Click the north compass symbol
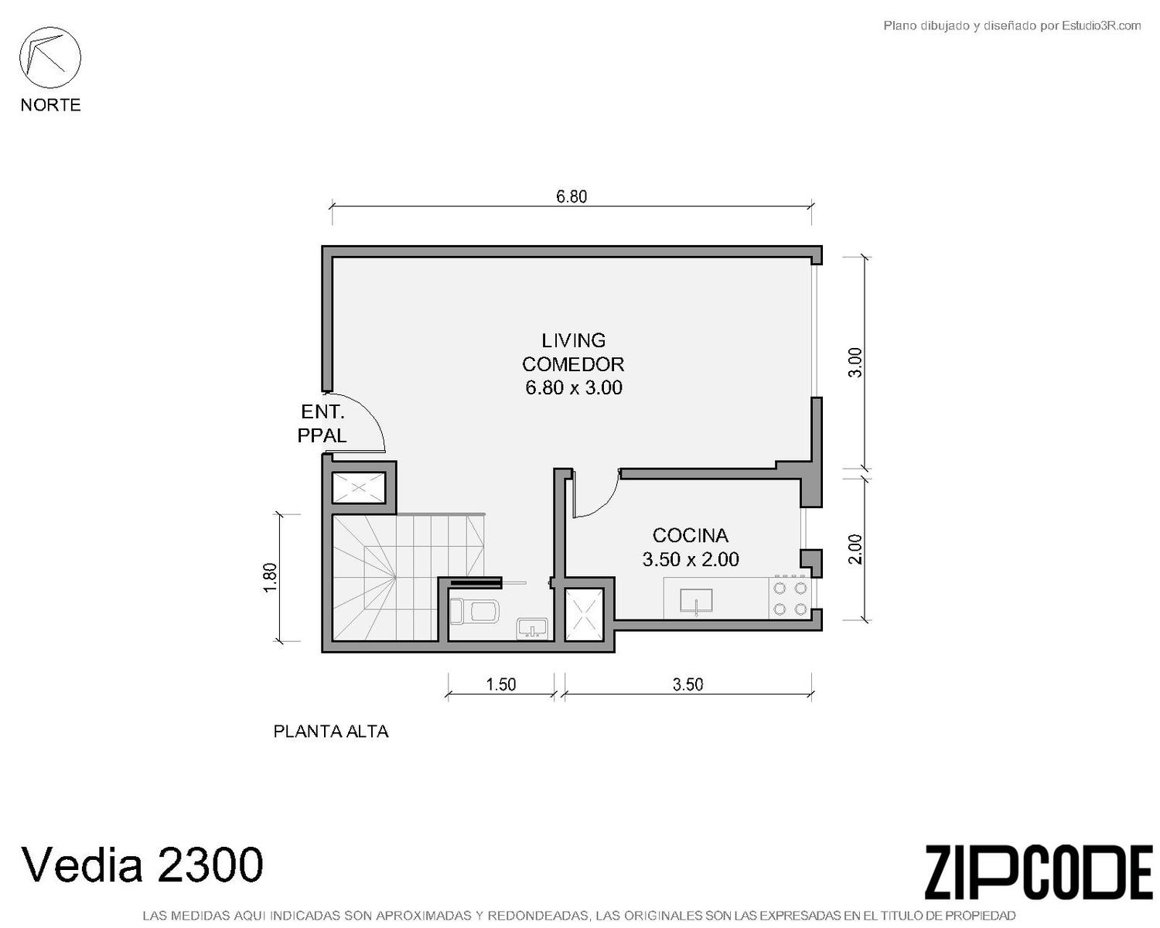(x=50, y=57)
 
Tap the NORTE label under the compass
(x=51, y=104)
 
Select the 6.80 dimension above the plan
(x=571, y=196)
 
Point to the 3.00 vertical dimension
(x=855, y=363)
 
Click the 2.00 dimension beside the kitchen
(x=855, y=549)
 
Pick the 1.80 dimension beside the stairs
(x=270, y=578)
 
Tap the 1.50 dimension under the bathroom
(x=501, y=684)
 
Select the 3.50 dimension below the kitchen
(x=687, y=684)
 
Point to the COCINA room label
(x=691, y=535)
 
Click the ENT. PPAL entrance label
(x=322, y=424)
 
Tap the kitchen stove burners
(x=790, y=598)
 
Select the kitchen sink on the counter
(x=696, y=601)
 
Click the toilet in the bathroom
(x=475, y=612)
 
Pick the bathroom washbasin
(x=532, y=629)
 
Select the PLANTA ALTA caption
(x=331, y=732)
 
